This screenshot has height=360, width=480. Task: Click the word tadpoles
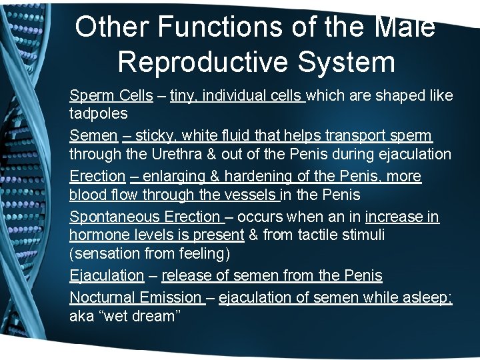click(99, 113)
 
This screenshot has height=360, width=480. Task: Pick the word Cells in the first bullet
click(137, 95)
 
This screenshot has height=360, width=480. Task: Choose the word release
click(183, 275)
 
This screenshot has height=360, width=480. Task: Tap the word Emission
click(169, 298)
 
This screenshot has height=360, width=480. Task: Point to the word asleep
click(427, 298)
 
